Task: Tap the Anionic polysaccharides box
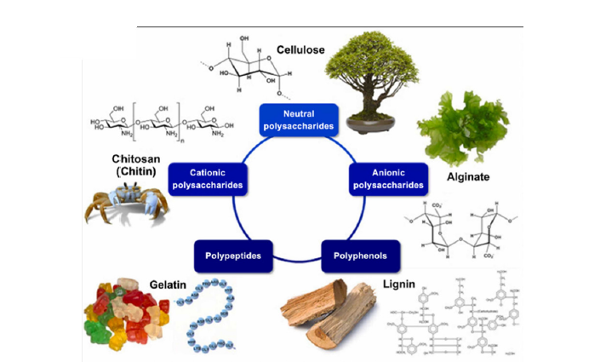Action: [387, 176]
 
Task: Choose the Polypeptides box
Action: [232, 254]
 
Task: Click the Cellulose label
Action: [299, 51]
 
